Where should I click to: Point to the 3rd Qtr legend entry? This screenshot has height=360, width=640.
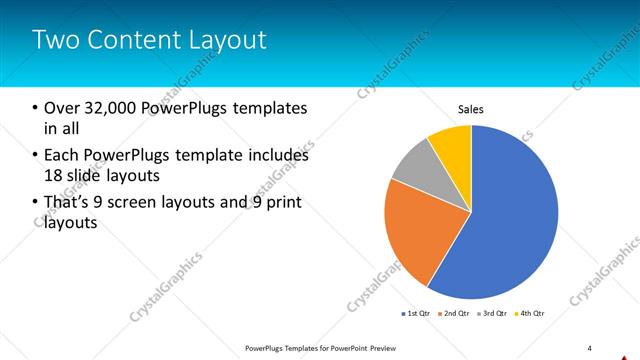click(x=493, y=314)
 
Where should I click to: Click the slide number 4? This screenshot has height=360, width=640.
click(x=589, y=347)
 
